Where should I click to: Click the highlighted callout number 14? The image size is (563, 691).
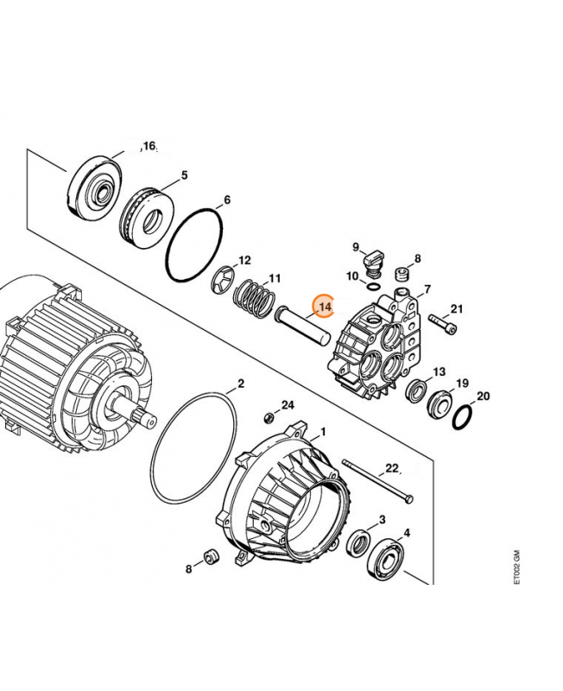325,306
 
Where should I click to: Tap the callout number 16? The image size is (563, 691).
149,147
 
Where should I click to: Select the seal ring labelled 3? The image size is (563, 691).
357,544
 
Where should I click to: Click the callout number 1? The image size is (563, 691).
323,430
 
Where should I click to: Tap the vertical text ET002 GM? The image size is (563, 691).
516,567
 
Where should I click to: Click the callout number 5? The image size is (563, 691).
184,176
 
